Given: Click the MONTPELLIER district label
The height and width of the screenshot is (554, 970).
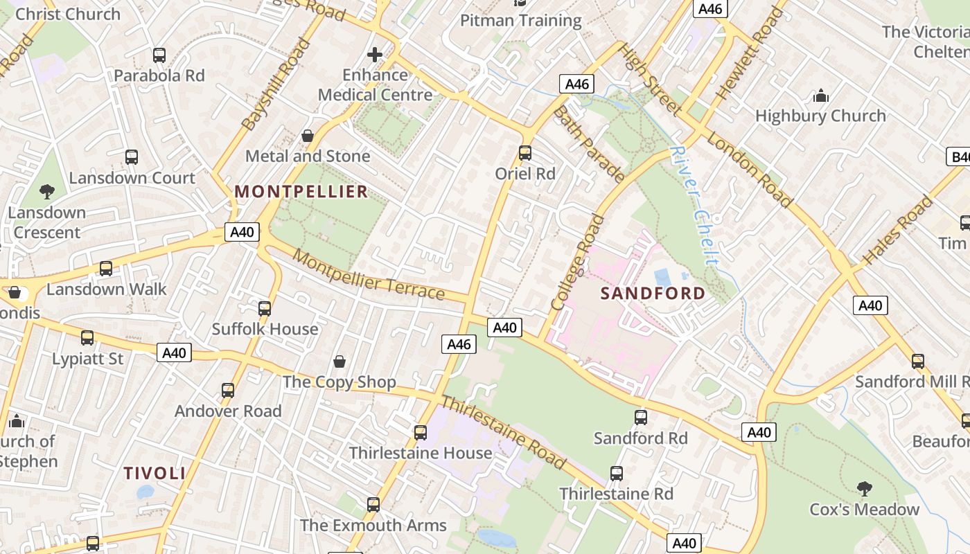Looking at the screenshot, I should click(301, 192).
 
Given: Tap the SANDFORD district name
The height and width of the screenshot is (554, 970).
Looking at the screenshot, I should click(653, 294).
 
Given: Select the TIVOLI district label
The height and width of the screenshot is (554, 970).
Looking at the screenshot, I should click(155, 474).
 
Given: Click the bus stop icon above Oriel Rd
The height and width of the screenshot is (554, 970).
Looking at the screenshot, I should click(525, 153).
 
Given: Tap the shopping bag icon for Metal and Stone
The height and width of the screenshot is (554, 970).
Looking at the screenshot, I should click(308, 136).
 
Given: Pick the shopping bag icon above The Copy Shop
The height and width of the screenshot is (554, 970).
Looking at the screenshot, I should click(339, 361).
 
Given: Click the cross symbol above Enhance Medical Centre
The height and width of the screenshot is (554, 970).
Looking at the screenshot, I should click(375, 55).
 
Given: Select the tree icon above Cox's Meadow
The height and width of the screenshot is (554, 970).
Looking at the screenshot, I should click(864, 489).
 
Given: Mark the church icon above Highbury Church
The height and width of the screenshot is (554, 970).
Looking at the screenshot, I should click(820, 96).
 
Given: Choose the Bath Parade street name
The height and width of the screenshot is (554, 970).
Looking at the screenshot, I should click(589, 144).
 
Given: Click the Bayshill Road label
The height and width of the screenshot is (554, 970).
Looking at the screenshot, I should click(276, 84).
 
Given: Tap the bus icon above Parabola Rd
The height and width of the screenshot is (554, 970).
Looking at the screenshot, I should click(159, 55).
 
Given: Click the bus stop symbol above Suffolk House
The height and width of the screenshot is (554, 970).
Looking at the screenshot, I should click(265, 309).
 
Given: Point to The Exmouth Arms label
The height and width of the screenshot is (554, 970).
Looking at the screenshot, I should click(373, 526).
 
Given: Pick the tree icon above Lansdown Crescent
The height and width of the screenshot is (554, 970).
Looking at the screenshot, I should click(47, 192).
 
